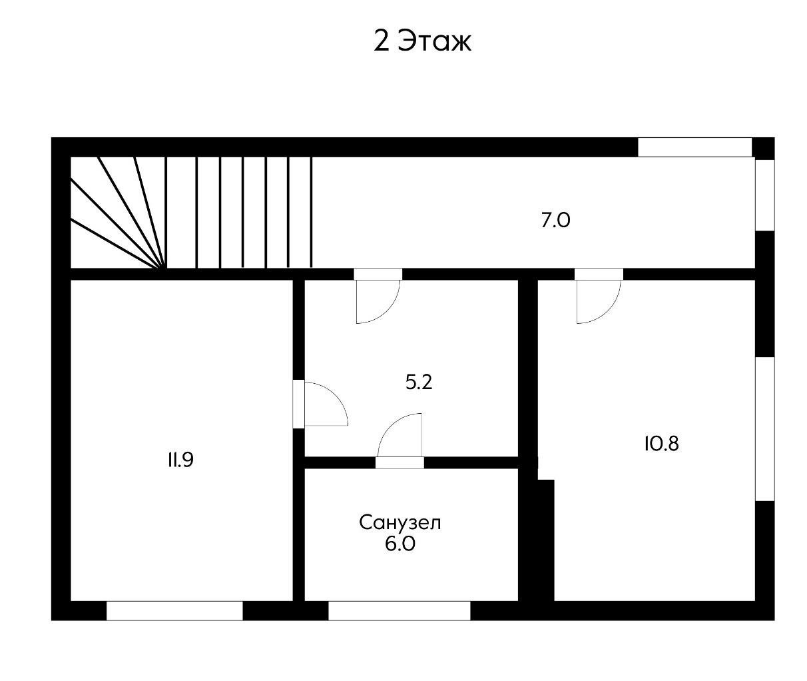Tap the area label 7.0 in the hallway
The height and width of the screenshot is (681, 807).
[x=555, y=221]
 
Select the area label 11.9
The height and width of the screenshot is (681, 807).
[x=180, y=460]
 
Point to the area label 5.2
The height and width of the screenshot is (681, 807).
[x=419, y=382]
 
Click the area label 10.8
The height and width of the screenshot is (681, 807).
[x=662, y=444]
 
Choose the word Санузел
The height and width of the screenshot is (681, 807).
[x=400, y=523]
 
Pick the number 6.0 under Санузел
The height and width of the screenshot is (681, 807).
[x=400, y=544]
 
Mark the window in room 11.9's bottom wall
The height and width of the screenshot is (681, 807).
[x=174, y=610]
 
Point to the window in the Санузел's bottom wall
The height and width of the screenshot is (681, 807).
[x=400, y=610]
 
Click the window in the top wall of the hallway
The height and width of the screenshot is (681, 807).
[x=694, y=147]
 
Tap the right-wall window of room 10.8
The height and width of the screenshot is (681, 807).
[x=765, y=429]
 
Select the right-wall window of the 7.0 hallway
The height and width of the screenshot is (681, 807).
[x=765, y=195]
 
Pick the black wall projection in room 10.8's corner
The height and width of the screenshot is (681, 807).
[x=545, y=540]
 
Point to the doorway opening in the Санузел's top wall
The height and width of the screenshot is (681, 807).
[x=400, y=463]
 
